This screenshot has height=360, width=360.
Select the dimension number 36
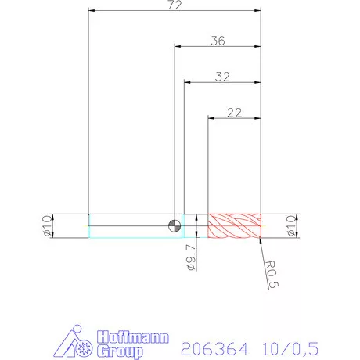coord(218,41)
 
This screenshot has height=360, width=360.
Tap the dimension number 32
coord(222,77)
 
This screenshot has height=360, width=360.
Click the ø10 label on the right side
coord(291,225)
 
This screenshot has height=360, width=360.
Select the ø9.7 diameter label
coord(191,256)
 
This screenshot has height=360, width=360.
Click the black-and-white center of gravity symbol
coord(174,225)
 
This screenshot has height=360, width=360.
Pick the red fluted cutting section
coord(233,225)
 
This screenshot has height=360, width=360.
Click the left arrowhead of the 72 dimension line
coord(92,12)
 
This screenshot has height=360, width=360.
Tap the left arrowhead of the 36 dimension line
coord(177,47)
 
